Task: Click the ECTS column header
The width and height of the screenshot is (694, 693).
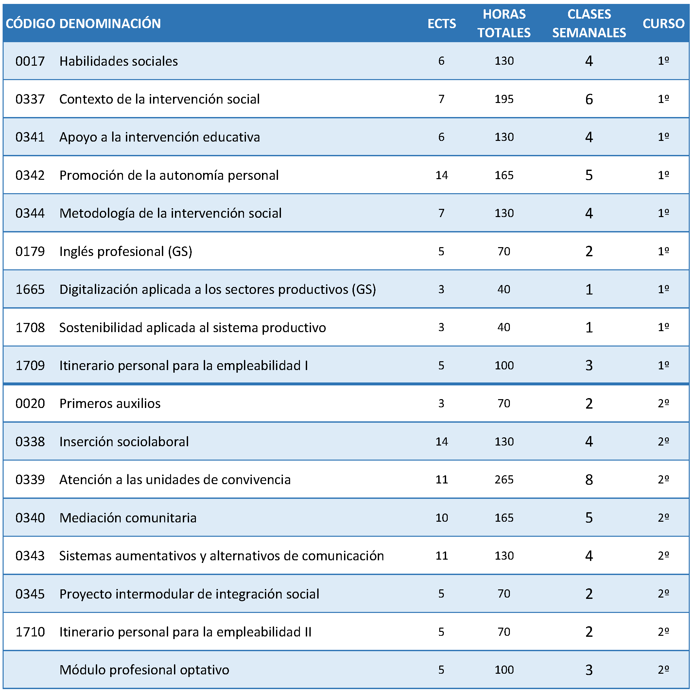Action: pyautogui.click(x=442, y=24)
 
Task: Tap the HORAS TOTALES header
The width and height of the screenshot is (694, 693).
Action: pyautogui.click(x=504, y=23)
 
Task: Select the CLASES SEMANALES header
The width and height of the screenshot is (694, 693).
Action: pyautogui.click(x=589, y=23)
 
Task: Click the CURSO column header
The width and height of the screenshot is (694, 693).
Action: pyautogui.click(x=664, y=24)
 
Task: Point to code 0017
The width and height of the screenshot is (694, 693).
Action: pyautogui.click(x=30, y=61)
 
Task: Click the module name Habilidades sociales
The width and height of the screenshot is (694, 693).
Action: pyautogui.click(x=118, y=61)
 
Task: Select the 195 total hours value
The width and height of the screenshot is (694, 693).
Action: pyautogui.click(x=504, y=99)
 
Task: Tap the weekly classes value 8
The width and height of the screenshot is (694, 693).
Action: pyautogui.click(x=589, y=480)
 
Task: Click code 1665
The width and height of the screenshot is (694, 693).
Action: pyautogui.click(x=30, y=290)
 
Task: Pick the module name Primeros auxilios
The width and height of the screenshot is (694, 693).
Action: pyautogui.click(x=110, y=404)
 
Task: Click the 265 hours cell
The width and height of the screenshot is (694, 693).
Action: pyautogui.click(x=504, y=480)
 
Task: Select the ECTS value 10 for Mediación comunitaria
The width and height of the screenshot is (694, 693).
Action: pyautogui.click(x=442, y=518)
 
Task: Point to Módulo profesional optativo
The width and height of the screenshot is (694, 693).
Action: pyautogui.click(x=145, y=670)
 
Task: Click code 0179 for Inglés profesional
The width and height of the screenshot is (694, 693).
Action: pyautogui.click(x=30, y=252)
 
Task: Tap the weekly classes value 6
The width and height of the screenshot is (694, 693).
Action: pyautogui.click(x=589, y=99)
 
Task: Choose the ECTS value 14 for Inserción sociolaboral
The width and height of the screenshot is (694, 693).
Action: pyautogui.click(x=442, y=442)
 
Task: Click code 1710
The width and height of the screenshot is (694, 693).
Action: pyautogui.click(x=30, y=632)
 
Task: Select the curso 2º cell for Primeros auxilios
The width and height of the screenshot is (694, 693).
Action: pyautogui.click(x=664, y=403)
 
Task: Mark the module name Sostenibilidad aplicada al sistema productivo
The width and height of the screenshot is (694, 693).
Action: pyautogui.click(x=193, y=328)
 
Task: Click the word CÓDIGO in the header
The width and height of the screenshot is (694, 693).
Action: pyautogui.click(x=30, y=24)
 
